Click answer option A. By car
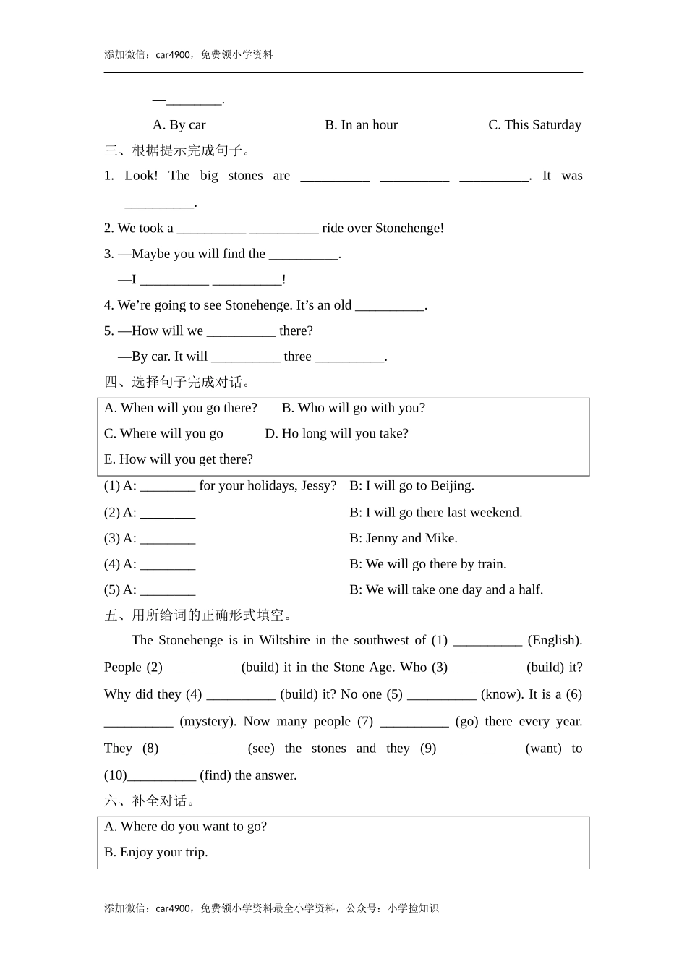[179, 125]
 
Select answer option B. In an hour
[361, 125]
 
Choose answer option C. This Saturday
[534, 125]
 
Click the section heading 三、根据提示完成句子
[177, 150]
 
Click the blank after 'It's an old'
[390, 306]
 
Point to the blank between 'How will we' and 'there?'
[241, 331]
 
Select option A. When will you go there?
[181, 408]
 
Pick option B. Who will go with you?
[353, 408]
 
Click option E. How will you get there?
[179, 459]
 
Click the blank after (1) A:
[168, 487]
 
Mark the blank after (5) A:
[168, 591]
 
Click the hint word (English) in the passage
[554, 640]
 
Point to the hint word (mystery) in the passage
[208, 721]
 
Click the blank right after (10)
[161, 776]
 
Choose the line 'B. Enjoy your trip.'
[156, 852]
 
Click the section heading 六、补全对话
[150, 801]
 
